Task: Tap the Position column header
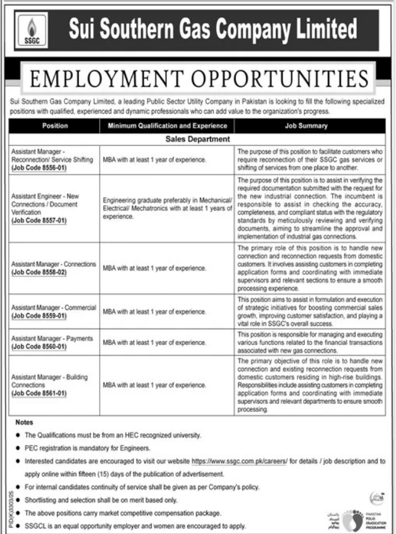coord(55,126)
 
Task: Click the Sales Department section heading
coord(197,138)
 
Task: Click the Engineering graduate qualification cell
coord(166,207)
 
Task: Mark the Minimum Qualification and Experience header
coord(167,126)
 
